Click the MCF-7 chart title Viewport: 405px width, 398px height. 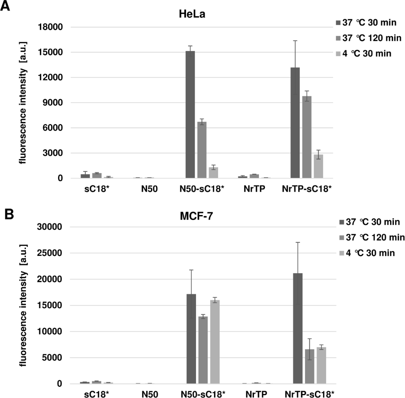191,214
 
